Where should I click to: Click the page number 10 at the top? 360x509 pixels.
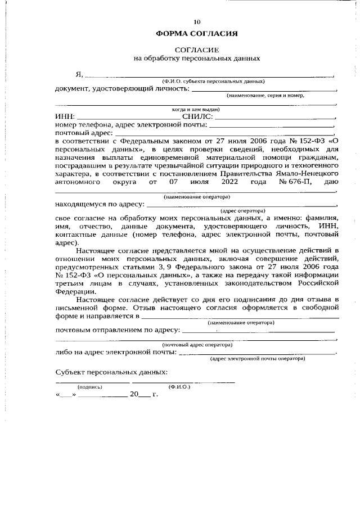197,22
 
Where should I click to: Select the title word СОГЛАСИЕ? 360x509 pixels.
197,50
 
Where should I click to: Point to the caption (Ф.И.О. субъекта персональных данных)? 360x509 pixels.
213,82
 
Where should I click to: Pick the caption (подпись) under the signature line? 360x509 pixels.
90,387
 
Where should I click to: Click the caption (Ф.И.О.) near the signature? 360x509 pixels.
179,387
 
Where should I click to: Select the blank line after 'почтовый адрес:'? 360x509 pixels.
225,134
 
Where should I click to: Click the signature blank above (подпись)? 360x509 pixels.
92,382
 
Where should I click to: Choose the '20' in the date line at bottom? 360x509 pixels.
134,395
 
